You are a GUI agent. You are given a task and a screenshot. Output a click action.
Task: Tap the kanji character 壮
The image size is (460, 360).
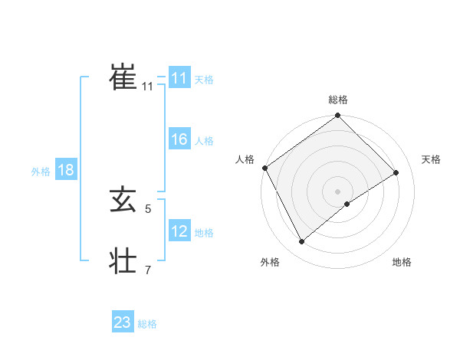[123, 260]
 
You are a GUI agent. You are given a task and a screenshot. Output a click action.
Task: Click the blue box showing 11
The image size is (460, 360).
[179, 79]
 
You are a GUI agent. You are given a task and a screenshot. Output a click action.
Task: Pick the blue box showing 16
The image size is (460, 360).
[179, 139]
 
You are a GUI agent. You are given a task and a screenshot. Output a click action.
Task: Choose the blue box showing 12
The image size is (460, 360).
[179, 231]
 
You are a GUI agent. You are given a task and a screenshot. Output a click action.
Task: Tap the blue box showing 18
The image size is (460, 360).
[66, 170]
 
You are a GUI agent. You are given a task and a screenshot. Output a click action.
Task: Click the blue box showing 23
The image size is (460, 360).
[123, 322]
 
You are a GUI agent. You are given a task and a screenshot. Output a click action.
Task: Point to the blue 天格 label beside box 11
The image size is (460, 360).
[204, 80]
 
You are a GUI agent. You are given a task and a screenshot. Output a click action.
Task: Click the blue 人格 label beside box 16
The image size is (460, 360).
[204, 141]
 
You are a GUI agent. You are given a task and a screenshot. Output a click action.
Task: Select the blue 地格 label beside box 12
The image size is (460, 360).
[204, 233]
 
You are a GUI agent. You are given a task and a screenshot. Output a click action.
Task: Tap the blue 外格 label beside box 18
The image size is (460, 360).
[41, 172]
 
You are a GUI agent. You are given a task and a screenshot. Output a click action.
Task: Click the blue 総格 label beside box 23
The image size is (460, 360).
[147, 324]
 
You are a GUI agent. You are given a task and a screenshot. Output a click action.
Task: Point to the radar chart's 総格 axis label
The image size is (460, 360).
[338, 100]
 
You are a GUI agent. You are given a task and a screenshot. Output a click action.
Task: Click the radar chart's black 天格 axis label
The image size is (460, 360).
[431, 159]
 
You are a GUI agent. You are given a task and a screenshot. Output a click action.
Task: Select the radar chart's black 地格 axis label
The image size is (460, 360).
[402, 263]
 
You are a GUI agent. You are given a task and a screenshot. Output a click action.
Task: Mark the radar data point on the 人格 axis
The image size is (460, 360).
[265, 168]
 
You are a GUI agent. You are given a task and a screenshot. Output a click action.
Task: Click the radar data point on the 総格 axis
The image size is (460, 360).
[338, 116]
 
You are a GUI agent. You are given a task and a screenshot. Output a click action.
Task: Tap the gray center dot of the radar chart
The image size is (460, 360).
[338, 191]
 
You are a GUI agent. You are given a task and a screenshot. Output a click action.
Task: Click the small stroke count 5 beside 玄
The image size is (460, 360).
[147, 208]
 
